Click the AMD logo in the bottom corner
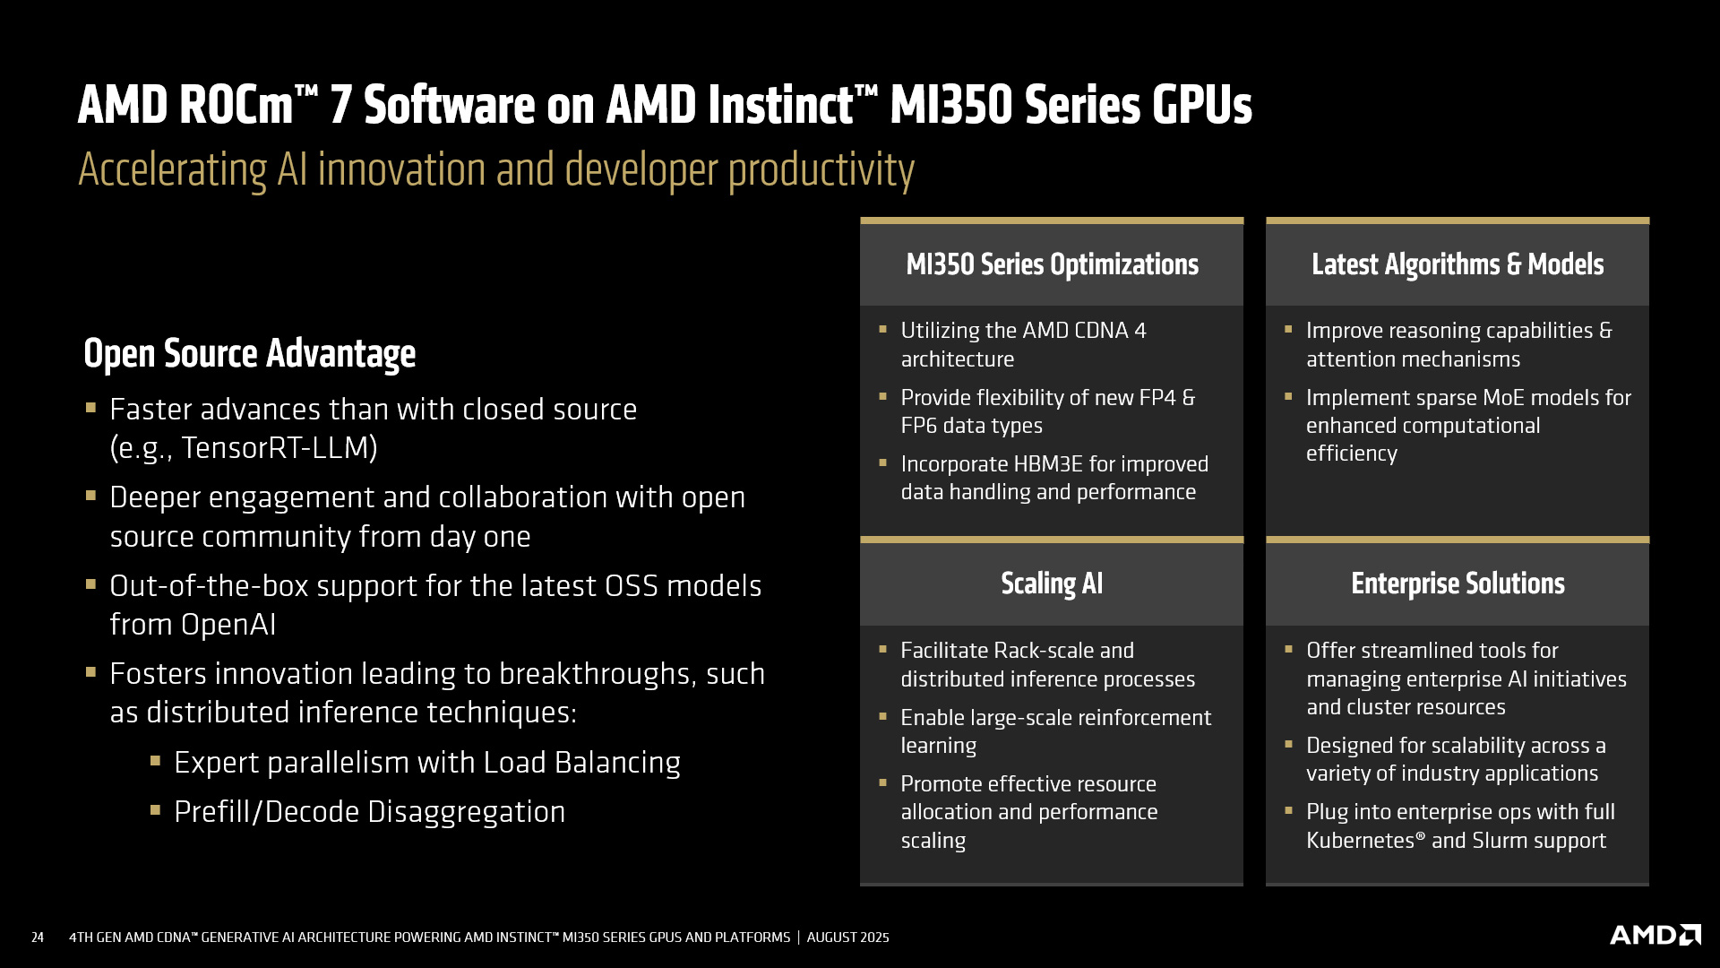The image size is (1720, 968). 1655,935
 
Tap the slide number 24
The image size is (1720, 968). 38,938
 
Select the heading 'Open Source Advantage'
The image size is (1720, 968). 250,353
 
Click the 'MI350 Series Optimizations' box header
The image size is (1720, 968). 1052,264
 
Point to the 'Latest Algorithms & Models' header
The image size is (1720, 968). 1458,264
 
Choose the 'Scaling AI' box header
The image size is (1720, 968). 1052,583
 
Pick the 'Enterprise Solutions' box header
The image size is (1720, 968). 1458,583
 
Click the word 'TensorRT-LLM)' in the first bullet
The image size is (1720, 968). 279,447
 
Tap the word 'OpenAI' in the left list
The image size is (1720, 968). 228,624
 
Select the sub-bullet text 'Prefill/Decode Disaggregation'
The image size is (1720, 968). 370,812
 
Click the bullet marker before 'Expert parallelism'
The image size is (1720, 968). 156,761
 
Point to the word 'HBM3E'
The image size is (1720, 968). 1048,464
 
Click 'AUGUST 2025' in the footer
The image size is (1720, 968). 848,938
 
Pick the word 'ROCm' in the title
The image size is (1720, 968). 236,105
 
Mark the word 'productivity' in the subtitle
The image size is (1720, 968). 821,170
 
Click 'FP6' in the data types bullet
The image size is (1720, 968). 919,426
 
